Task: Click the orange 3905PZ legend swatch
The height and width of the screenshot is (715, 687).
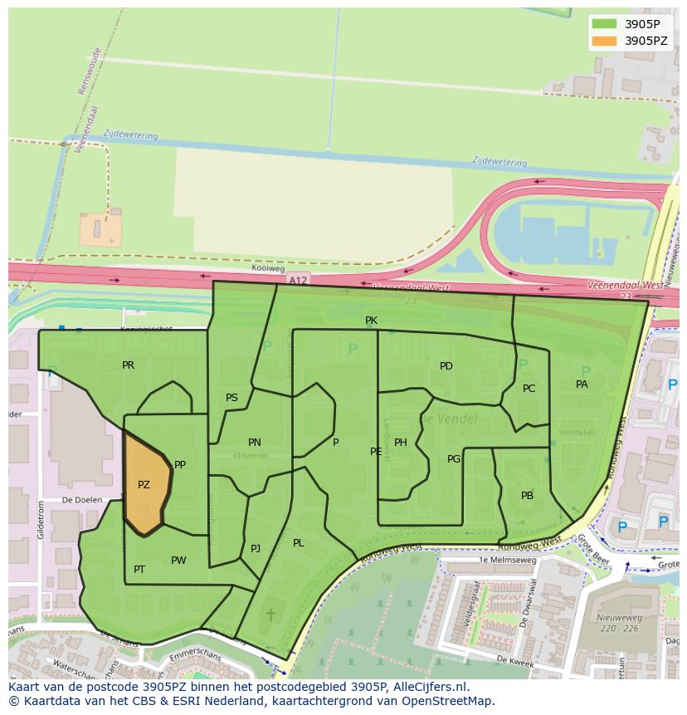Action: coord(605,41)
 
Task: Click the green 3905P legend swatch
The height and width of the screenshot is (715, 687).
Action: coord(605,24)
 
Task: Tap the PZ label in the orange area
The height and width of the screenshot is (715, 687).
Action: coord(144,485)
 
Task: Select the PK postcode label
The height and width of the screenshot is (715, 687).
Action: coord(371,321)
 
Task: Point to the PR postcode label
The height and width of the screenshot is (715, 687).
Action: coord(128,365)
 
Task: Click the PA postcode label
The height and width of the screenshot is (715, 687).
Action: coord(582,384)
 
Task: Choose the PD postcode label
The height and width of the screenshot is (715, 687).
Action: coord(446,366)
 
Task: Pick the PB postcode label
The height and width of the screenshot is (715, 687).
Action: coord(527,496)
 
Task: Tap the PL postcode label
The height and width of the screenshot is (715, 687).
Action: coord(298,543)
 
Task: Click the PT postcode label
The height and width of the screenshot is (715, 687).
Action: coord(139,570)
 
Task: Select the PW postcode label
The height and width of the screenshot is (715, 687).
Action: coord(178,561)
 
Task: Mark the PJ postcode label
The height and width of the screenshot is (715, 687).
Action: coord(256,549)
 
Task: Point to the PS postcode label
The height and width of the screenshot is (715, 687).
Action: coord(231,398)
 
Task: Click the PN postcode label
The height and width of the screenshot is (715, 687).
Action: coord(254,443)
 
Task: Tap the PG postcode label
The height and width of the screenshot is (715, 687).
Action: coord(454,459)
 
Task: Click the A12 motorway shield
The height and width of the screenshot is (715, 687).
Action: coord(298,282)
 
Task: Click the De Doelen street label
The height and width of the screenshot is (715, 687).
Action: coord(82,500)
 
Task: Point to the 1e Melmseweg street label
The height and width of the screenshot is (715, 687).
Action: coord(509,561)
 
